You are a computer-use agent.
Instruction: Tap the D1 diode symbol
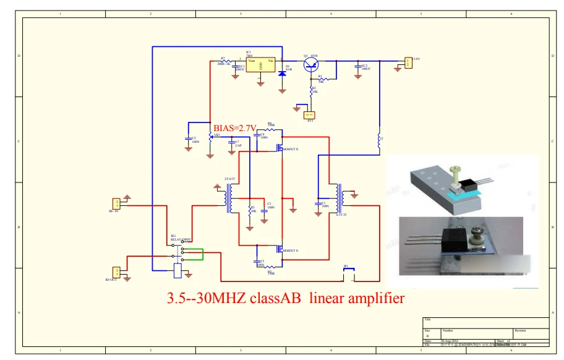coord(283,73)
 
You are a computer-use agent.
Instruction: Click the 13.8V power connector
coord(408,62)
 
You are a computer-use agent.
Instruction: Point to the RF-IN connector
coord(116,204)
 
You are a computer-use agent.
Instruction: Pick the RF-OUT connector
coord(116,272)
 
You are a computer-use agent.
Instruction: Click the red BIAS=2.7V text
coord(234,128)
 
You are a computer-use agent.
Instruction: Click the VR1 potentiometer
coord(211,137)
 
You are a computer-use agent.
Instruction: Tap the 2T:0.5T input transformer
coord(230,197)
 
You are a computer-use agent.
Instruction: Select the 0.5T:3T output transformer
coord(338,198)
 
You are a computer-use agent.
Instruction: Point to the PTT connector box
coord(310,114)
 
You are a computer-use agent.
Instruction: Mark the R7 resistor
coord(229,61)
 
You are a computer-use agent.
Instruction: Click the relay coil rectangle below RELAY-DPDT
coord(178,268)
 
